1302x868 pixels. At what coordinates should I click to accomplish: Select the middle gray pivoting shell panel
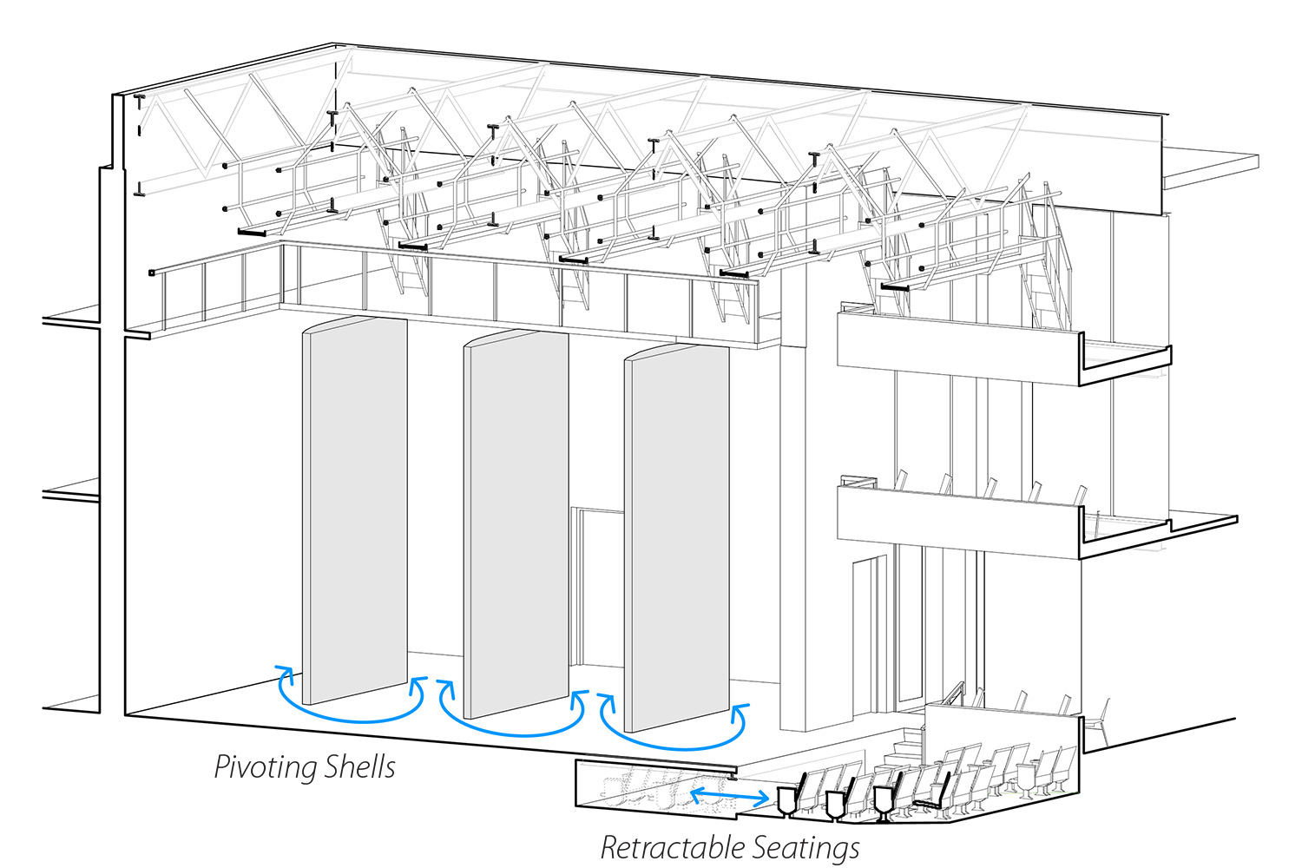point(516,525)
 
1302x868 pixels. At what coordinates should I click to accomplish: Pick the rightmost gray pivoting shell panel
point(677,538)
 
